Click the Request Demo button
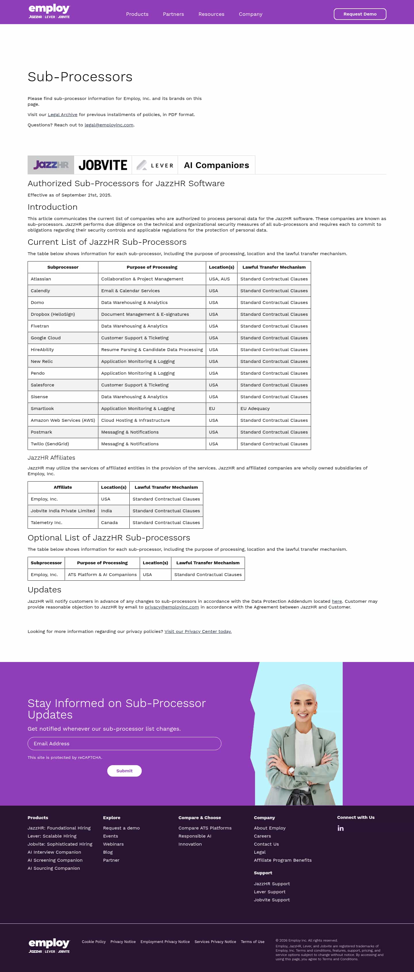(x=360, y=14)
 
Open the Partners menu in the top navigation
(x=173, y=14)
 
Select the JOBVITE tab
(x=103, y=165)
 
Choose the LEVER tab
(x=155, y=165)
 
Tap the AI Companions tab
(x=216, y=165)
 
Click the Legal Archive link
(x=62, y=115)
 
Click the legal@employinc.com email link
(x=109, y=125)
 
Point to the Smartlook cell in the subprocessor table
(x=42, y=409)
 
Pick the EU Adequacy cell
(x=255, y=409)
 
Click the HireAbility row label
(x=42, y=350)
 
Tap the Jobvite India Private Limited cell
(x=63, y=511)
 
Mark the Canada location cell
(x=109, y=523)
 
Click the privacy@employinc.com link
(x=172, y=607)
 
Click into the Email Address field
(x=124, y=743)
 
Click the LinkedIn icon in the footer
(x=341, y=828)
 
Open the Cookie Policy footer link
(x=94, y=942)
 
